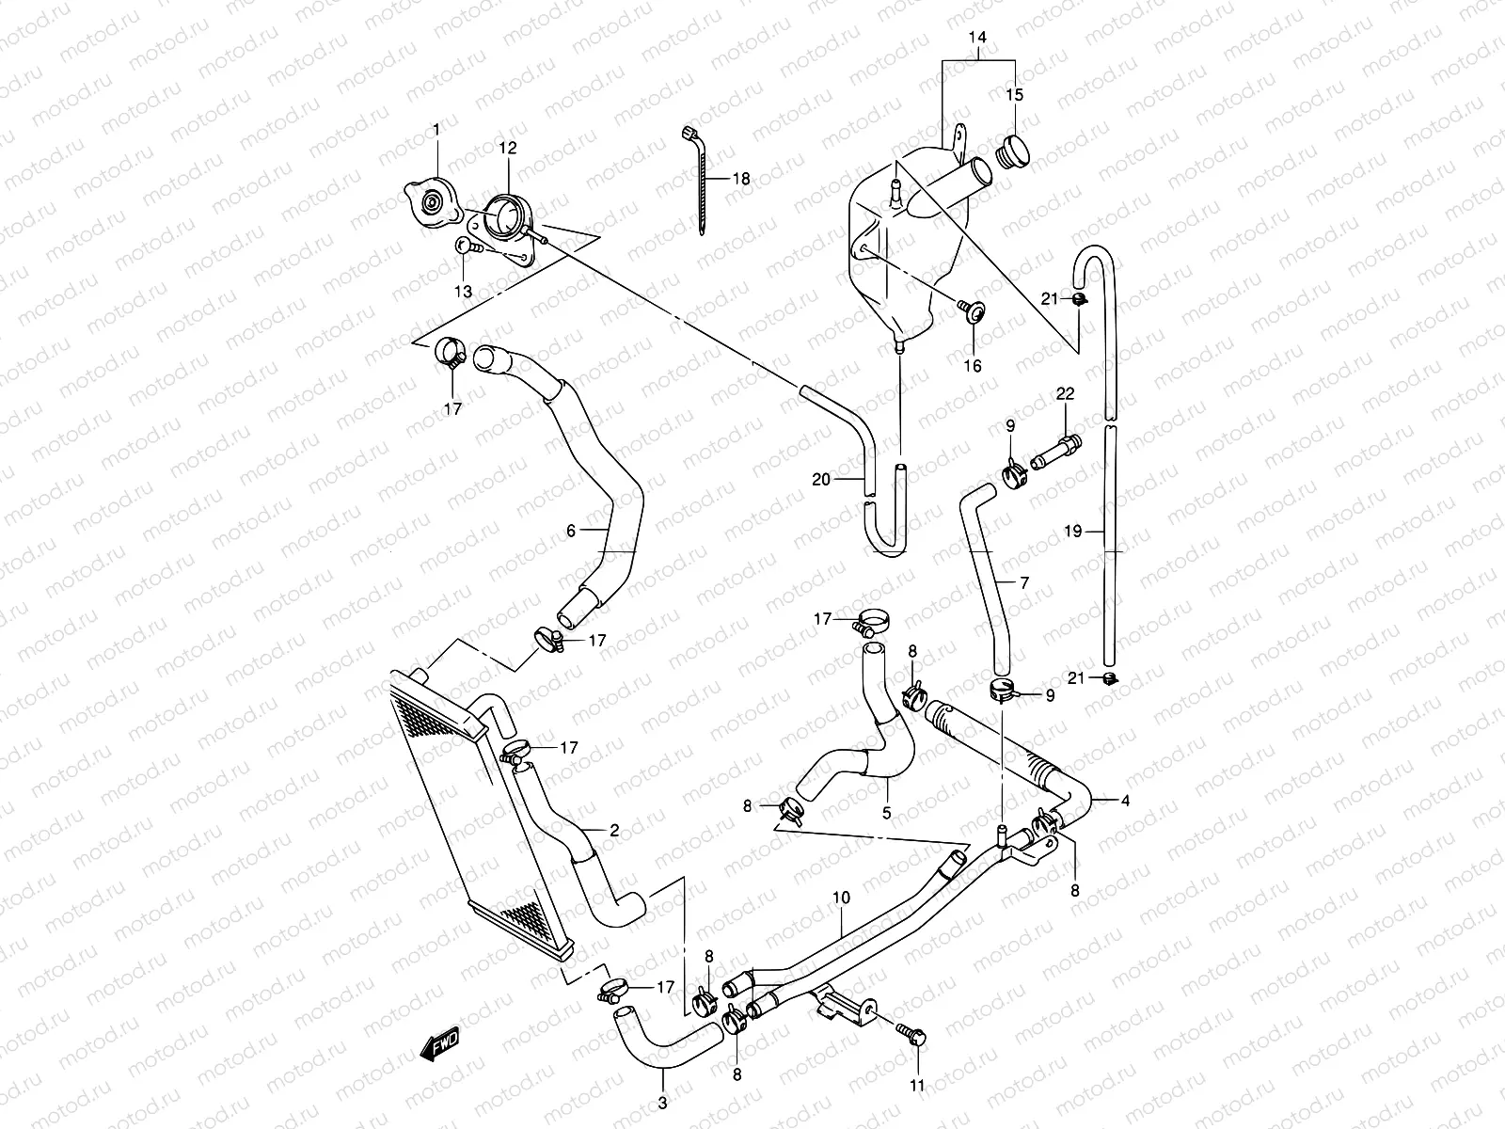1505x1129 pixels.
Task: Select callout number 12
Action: pos(508,149)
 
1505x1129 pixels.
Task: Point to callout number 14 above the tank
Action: pos(978,39)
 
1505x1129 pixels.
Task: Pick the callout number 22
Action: pos(1065,395)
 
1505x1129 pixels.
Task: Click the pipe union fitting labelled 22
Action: pos(1055,450)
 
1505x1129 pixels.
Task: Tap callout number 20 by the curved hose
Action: pos(821,479)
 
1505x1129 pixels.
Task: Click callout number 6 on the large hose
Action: pos(571,531)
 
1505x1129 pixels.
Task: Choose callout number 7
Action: pos(1023,583)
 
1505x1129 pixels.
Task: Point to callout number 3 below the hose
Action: pos(662,1103)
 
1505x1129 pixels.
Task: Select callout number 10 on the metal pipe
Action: pos(840,898)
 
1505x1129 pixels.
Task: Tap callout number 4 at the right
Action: pos(1125,801)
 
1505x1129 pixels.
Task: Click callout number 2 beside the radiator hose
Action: pos(613,831)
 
